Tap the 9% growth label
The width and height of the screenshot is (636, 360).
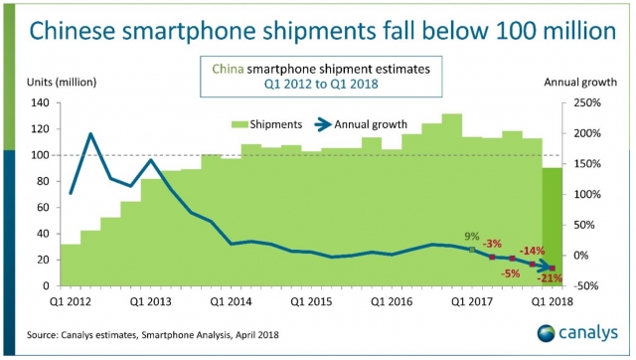pyautogui.click(x=472, y=237)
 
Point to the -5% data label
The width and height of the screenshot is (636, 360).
pyautogui.click(x=512, y=272)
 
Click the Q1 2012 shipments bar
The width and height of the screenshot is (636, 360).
pyautogui.click(x=71, y=265)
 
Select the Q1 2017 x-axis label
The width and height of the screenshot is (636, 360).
pyautogui.click(x=472, y=297)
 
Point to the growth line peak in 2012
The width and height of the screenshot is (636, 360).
pyautogui.click(x=90, y=133)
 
